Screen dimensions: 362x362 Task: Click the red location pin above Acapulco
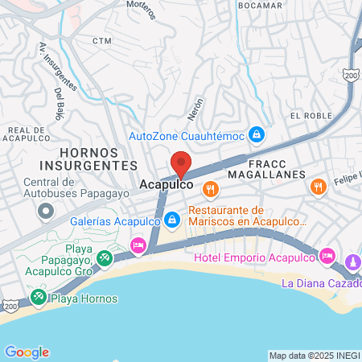pyautogui.click(x=181, y=163)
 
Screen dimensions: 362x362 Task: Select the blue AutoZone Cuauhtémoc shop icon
pyautogui.click(x=256, y=134)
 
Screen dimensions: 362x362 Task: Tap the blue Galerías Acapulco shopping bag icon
pyautogui.click(x=172, y=219)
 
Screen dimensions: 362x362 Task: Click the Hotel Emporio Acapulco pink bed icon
pyautogui.click(x=327, y=257)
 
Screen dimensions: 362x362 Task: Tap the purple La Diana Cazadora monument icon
pyautogui.click(x=353, y=262)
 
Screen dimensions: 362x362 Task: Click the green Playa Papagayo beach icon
pyautogui.click(x=105, y=258)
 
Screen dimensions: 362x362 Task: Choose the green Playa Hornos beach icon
pyautogui.click(x=39, y=298)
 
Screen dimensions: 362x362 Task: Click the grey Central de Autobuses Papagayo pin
pyautogui.click(x=45, y=212)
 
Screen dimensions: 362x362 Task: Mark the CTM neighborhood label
pyautogui.click(x=101, y=40)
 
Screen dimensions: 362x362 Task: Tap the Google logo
pyautogui.click(x=27, y=352)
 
